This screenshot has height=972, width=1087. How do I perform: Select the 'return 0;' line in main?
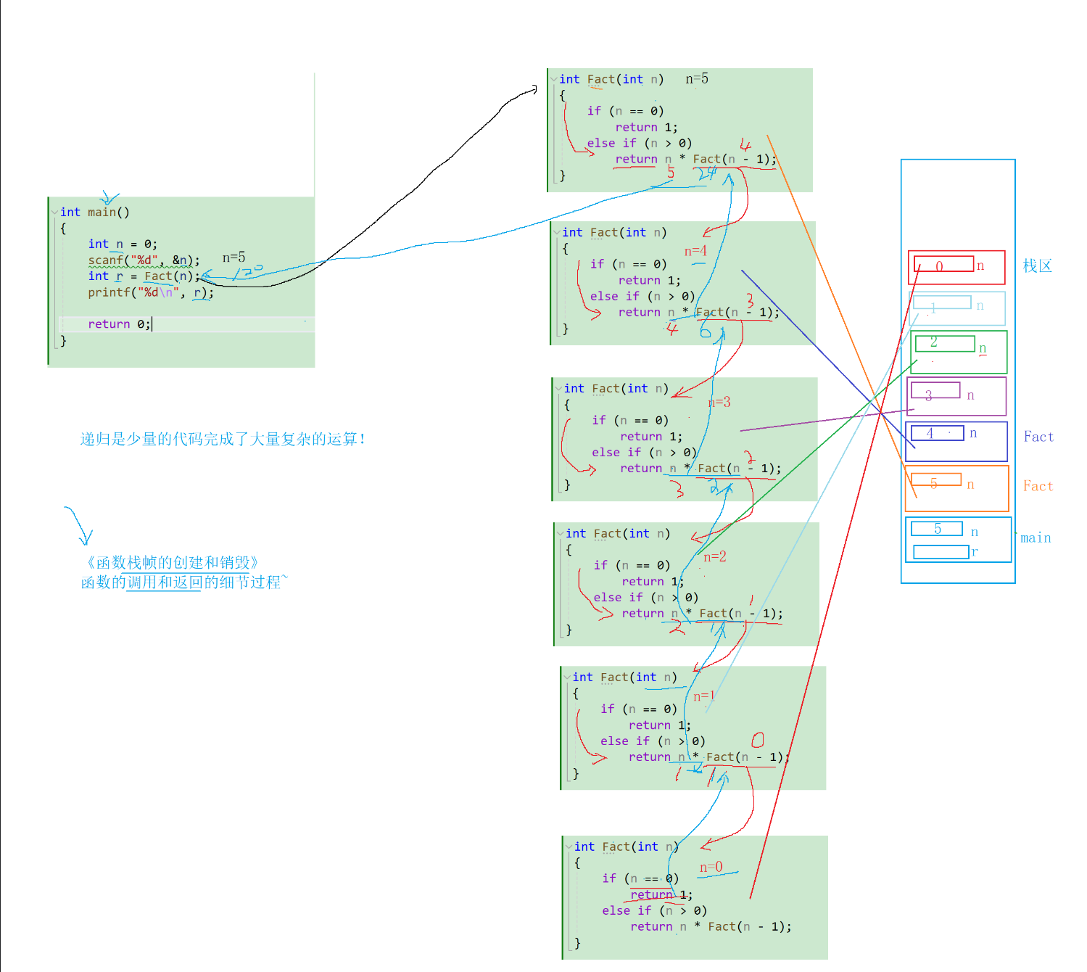pos(119,324)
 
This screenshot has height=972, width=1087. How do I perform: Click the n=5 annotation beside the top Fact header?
pos(697,78)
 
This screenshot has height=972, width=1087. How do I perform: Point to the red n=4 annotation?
pos(695,251)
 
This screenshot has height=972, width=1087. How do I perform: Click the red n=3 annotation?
pos(719,402)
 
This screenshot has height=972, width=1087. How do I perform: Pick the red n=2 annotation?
pos(714,556)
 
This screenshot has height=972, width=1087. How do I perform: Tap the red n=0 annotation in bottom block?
pos(711,867)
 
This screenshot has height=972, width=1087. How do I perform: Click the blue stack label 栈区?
pos(1037,266)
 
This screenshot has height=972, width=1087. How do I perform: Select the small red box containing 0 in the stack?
pos(943,264)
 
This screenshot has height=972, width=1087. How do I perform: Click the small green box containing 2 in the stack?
pos(943,343)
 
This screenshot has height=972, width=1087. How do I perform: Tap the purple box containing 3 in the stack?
pos(935,392)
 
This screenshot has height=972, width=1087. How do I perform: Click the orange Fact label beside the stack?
pos(1038,486)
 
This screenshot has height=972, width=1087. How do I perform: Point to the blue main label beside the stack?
pos(1036,538)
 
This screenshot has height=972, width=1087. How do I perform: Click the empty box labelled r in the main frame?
pos(941,552)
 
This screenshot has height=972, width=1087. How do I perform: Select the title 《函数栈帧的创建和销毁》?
pos(171,562)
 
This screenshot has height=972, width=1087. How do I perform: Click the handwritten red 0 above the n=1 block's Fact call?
pos(758,740)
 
